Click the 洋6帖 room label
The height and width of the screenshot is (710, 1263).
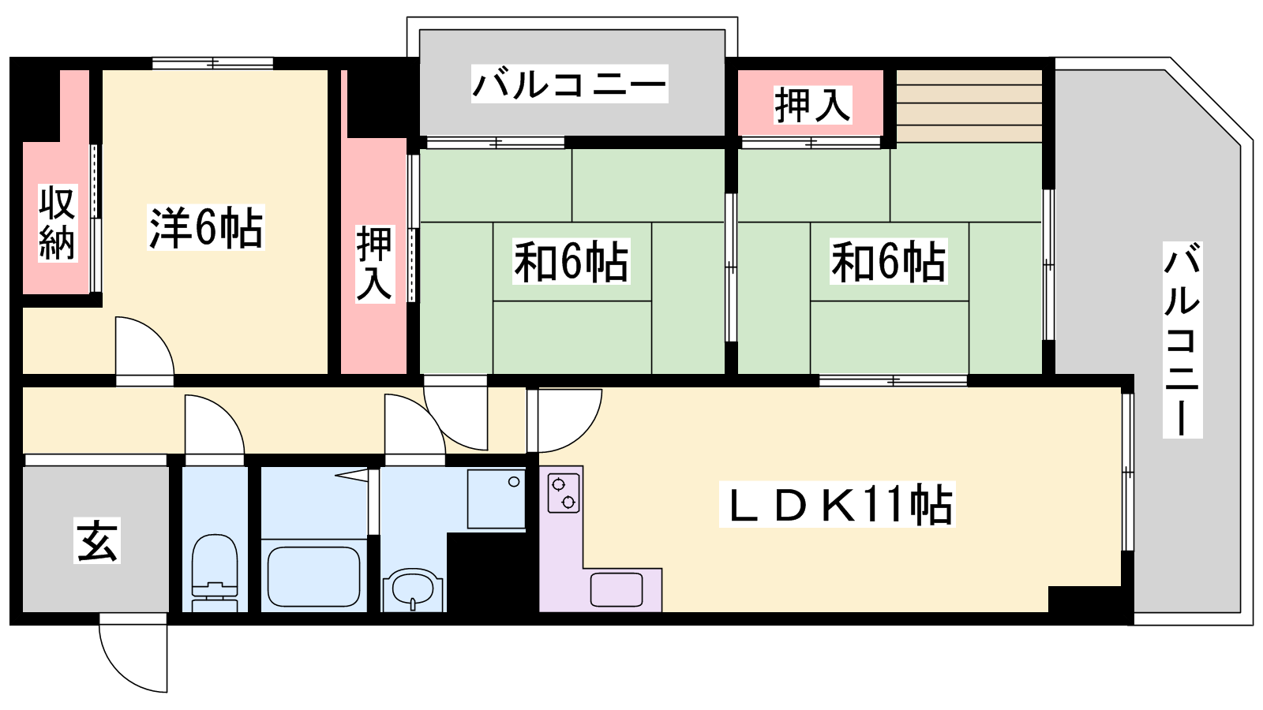click(x=206, y=228)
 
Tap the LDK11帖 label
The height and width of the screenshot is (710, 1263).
click(x=838, y=504)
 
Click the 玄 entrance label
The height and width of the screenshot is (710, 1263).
click(x=97, y=541)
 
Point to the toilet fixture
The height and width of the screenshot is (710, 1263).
click(x=214, y=571)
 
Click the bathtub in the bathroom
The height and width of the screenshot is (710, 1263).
click(x=314, y=576)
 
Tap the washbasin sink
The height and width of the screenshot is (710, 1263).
click(x=413, y=589)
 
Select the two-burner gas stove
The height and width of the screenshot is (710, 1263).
click(x=564, y=493)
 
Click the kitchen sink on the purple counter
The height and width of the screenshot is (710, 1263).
click(x=617, y=589)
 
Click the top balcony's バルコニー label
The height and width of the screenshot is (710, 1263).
click(x=569, y=84)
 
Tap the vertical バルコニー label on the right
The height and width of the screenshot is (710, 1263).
click(x=1182, y=340)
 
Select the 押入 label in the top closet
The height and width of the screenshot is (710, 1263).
click(x=812, y=105)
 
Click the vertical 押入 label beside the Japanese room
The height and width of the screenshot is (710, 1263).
click(x=374, y=263)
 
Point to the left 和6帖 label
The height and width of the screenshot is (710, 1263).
click(x=571, y=261)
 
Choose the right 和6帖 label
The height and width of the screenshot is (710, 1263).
click(x=889, y=261)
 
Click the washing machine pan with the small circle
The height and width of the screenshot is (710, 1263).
click(x=497, y=499)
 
